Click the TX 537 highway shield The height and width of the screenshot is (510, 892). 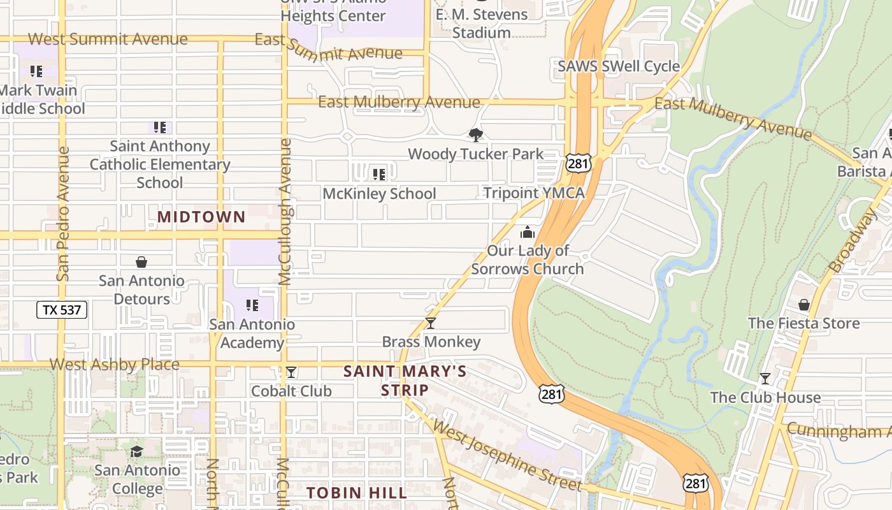point(61,310)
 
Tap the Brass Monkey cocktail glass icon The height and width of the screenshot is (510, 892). point(431,323)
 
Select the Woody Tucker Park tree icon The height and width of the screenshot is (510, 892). point(475,135)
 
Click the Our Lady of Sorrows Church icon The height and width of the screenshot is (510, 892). point(527,232)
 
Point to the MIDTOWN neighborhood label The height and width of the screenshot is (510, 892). point(201,217)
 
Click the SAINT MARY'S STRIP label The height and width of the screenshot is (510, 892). point(405,380)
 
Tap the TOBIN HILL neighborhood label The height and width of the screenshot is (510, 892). point(356,493)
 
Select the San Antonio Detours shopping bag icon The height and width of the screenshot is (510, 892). point(141,262)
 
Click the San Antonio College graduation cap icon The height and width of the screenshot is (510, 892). point(137,452)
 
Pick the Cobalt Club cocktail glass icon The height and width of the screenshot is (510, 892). point(291,372)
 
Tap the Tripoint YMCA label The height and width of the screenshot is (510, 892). point(533,193)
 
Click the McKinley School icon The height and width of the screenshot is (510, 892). point(379,174)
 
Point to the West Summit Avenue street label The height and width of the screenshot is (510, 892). point(108,39)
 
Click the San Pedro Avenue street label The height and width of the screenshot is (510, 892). point(62,214)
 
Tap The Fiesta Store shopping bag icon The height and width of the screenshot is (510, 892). point(804,305)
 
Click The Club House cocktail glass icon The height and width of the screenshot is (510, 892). point(765,379)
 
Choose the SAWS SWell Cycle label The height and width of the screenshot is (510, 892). point(619,66)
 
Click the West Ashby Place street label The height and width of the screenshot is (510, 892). point(115,365)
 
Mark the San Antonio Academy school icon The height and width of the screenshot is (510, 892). point(252,305)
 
